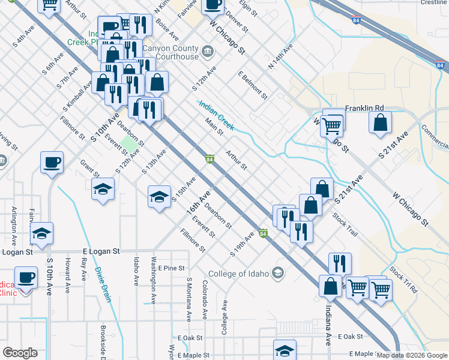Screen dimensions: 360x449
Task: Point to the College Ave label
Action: [224, 317]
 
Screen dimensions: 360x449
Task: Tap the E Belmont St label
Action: [252, 84]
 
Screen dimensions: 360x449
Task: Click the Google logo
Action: [20, 353]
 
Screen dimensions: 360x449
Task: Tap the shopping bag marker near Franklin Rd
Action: [381, 124]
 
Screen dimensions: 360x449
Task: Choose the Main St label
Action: [214, 127]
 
